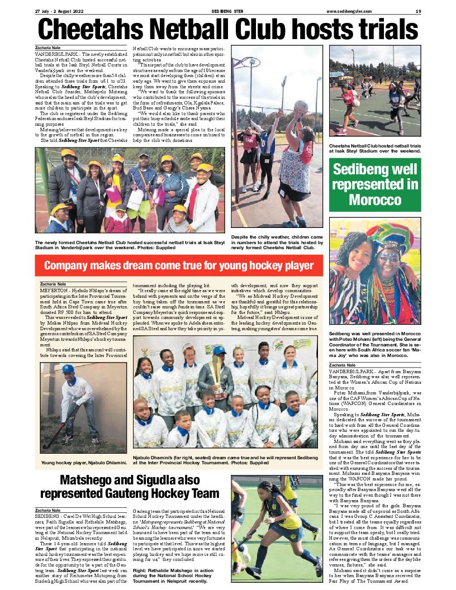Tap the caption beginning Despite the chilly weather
click(x=277, y=244)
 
